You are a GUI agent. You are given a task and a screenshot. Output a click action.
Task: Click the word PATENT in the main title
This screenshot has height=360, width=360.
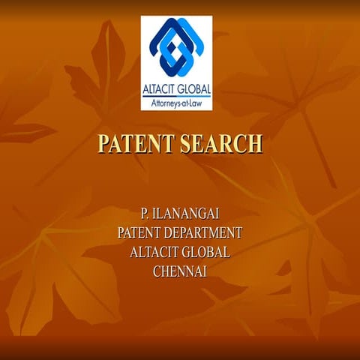click(134, 143)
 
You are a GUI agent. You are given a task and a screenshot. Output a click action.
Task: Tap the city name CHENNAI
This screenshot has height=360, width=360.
click(179, 271)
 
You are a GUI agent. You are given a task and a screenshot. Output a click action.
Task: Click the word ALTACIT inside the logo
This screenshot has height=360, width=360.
click(160, 88)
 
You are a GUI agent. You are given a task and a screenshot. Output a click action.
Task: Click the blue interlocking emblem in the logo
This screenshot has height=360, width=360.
click(176, 49)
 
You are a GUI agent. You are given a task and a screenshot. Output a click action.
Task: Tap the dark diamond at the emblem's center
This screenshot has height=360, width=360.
click(176, 51)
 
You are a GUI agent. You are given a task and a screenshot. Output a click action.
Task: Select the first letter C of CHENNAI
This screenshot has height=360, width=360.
click(157, 271)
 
